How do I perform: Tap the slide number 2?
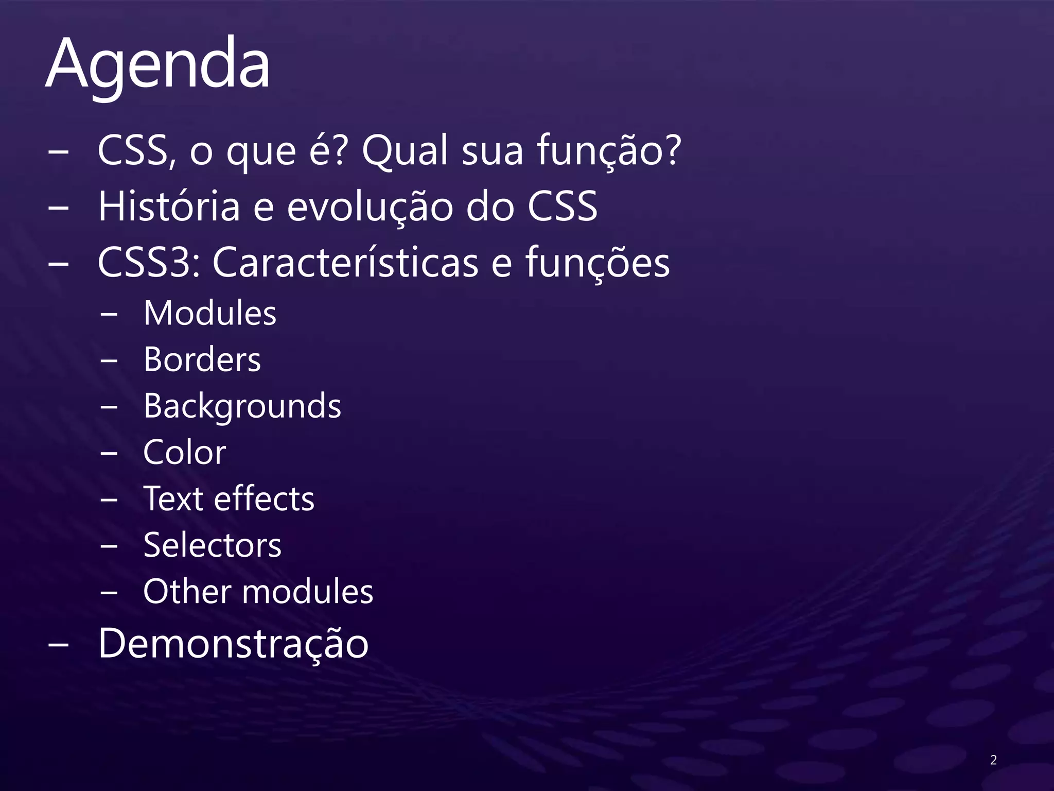click(993, 760)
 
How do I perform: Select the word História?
click(169, 207)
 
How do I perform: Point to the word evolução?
click(370, 207)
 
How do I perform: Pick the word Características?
click(345, 263)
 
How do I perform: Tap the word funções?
click(597, 263)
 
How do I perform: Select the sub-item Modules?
click(210, 313)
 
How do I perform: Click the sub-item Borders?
click(202, 359)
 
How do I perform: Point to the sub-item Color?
click(185, 453)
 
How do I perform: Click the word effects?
click(264, 499)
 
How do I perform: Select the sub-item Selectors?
click(213, 545)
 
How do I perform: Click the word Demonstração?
click(233, 643)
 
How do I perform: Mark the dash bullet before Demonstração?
click(58, 645)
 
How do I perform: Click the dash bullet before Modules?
click(109, 314)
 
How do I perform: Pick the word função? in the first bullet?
click(609, 151)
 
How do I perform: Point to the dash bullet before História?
click(58, 208)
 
